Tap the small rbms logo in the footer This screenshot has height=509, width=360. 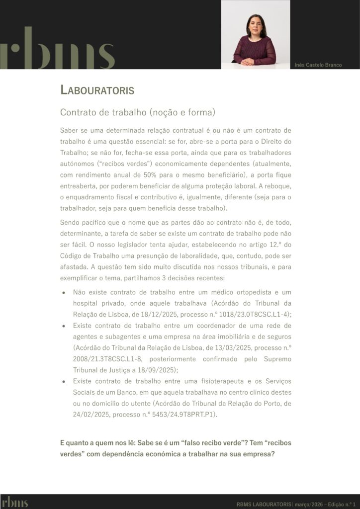(x=14, y=502)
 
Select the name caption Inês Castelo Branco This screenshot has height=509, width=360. (x=318, y=65)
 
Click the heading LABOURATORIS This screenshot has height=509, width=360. (x=97, y=90)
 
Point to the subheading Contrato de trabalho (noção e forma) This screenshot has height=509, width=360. (x=138, y=113)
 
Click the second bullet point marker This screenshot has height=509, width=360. (x=63, y=326)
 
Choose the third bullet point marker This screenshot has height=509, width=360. (x=63, y=381)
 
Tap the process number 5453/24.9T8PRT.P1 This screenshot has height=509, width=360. (x=180, y=414)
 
